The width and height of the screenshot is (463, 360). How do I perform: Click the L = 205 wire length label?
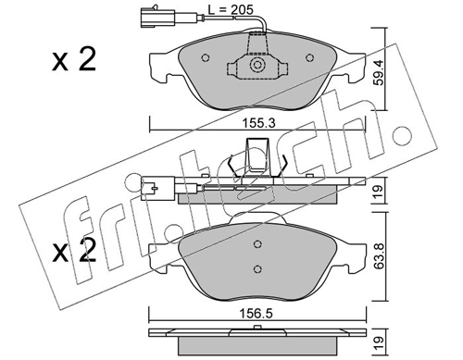click(231, 10)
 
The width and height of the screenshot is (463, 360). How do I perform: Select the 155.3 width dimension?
click(258, 124)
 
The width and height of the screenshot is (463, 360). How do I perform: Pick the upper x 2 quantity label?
click(74, 59)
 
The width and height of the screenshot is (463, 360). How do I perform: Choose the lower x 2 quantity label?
click(74, 252)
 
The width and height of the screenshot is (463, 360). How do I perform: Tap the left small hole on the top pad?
click(206, 57)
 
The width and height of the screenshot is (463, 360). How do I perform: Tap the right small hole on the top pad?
click(309, 57)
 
